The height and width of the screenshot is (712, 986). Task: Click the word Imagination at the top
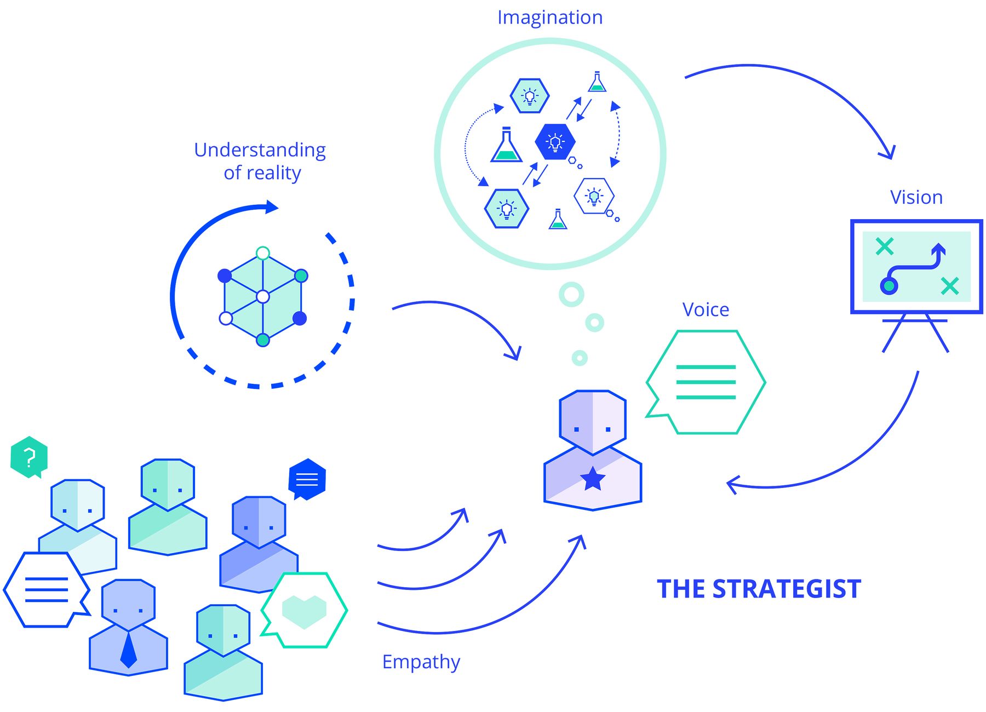click(x=549, y=18)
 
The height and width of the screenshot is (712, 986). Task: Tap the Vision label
click(x=916, y=197)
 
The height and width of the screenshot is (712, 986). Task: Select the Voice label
click(x=706, y=310)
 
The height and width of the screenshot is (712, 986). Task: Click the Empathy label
click(x=421, y=662)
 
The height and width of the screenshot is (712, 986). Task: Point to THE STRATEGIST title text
click(x=759, y=589)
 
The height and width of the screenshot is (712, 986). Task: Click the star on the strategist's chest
click(x=593, y=479)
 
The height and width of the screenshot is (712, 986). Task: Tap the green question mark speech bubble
click(x=29, y=456)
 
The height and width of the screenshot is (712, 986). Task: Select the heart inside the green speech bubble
click(x=304, y=610)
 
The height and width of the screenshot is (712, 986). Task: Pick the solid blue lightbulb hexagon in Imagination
click(x=555, y=142)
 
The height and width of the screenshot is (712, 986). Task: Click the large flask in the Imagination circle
click(x=506, y=146)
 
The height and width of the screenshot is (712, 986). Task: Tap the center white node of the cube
click(x=263, y=297)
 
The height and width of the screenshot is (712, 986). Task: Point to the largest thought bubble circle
click(x=571, y=295)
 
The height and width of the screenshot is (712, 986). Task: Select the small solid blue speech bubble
click(x=307, y=479)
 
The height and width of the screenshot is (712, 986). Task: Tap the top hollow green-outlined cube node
click(x=263, y=253)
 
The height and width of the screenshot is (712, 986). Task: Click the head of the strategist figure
click(x=593, y=422)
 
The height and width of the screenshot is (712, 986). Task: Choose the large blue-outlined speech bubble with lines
click(x=46, y=590)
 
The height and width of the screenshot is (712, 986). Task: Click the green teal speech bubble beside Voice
click(x=706, y=382)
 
